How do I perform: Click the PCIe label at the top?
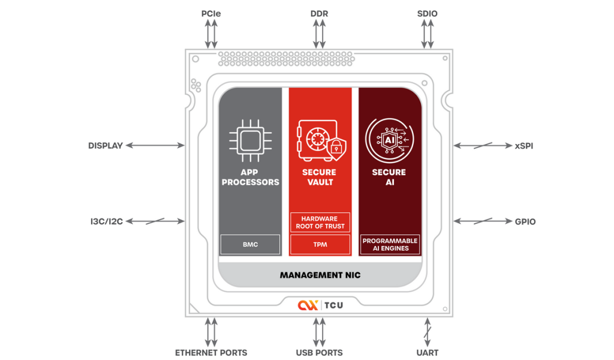click(210, 14)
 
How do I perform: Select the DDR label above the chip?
click(319, 14)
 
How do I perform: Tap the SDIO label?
click(428, 14)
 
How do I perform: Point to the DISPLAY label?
click(105, 145)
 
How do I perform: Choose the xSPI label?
click(525, 145)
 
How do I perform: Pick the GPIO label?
click(525, 221)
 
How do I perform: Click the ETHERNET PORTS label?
click(210, 352)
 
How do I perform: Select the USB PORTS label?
click(319, 352)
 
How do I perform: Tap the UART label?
click(428, 352)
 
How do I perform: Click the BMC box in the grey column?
click(250, 244)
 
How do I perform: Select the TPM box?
click(320, 244)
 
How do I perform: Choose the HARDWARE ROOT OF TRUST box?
click(320, 223)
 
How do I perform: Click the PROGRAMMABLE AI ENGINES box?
click(389, 244)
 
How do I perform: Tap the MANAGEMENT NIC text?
click(320, 275)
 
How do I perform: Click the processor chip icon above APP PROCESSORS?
click(250, 140)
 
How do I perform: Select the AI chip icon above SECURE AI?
click(389, 140)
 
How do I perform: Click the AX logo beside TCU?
click(307, 305)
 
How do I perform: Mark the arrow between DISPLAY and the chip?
click(155, 145)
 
